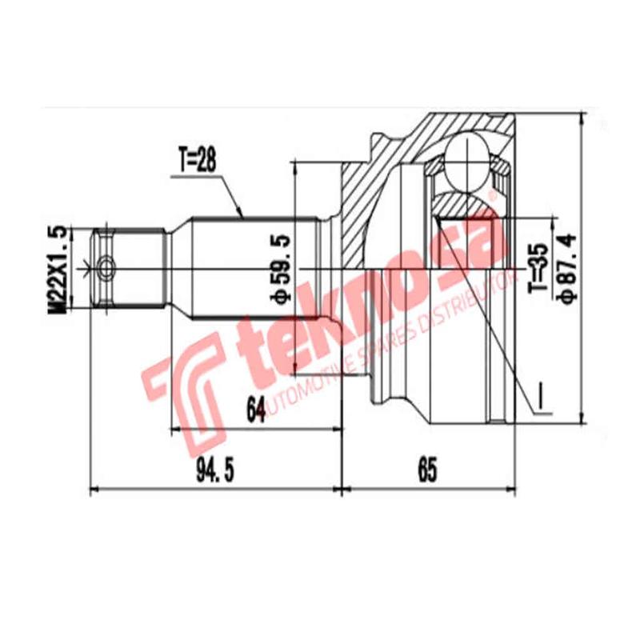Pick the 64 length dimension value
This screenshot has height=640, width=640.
(255, 410)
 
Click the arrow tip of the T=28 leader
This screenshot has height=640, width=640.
(242, 217)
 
